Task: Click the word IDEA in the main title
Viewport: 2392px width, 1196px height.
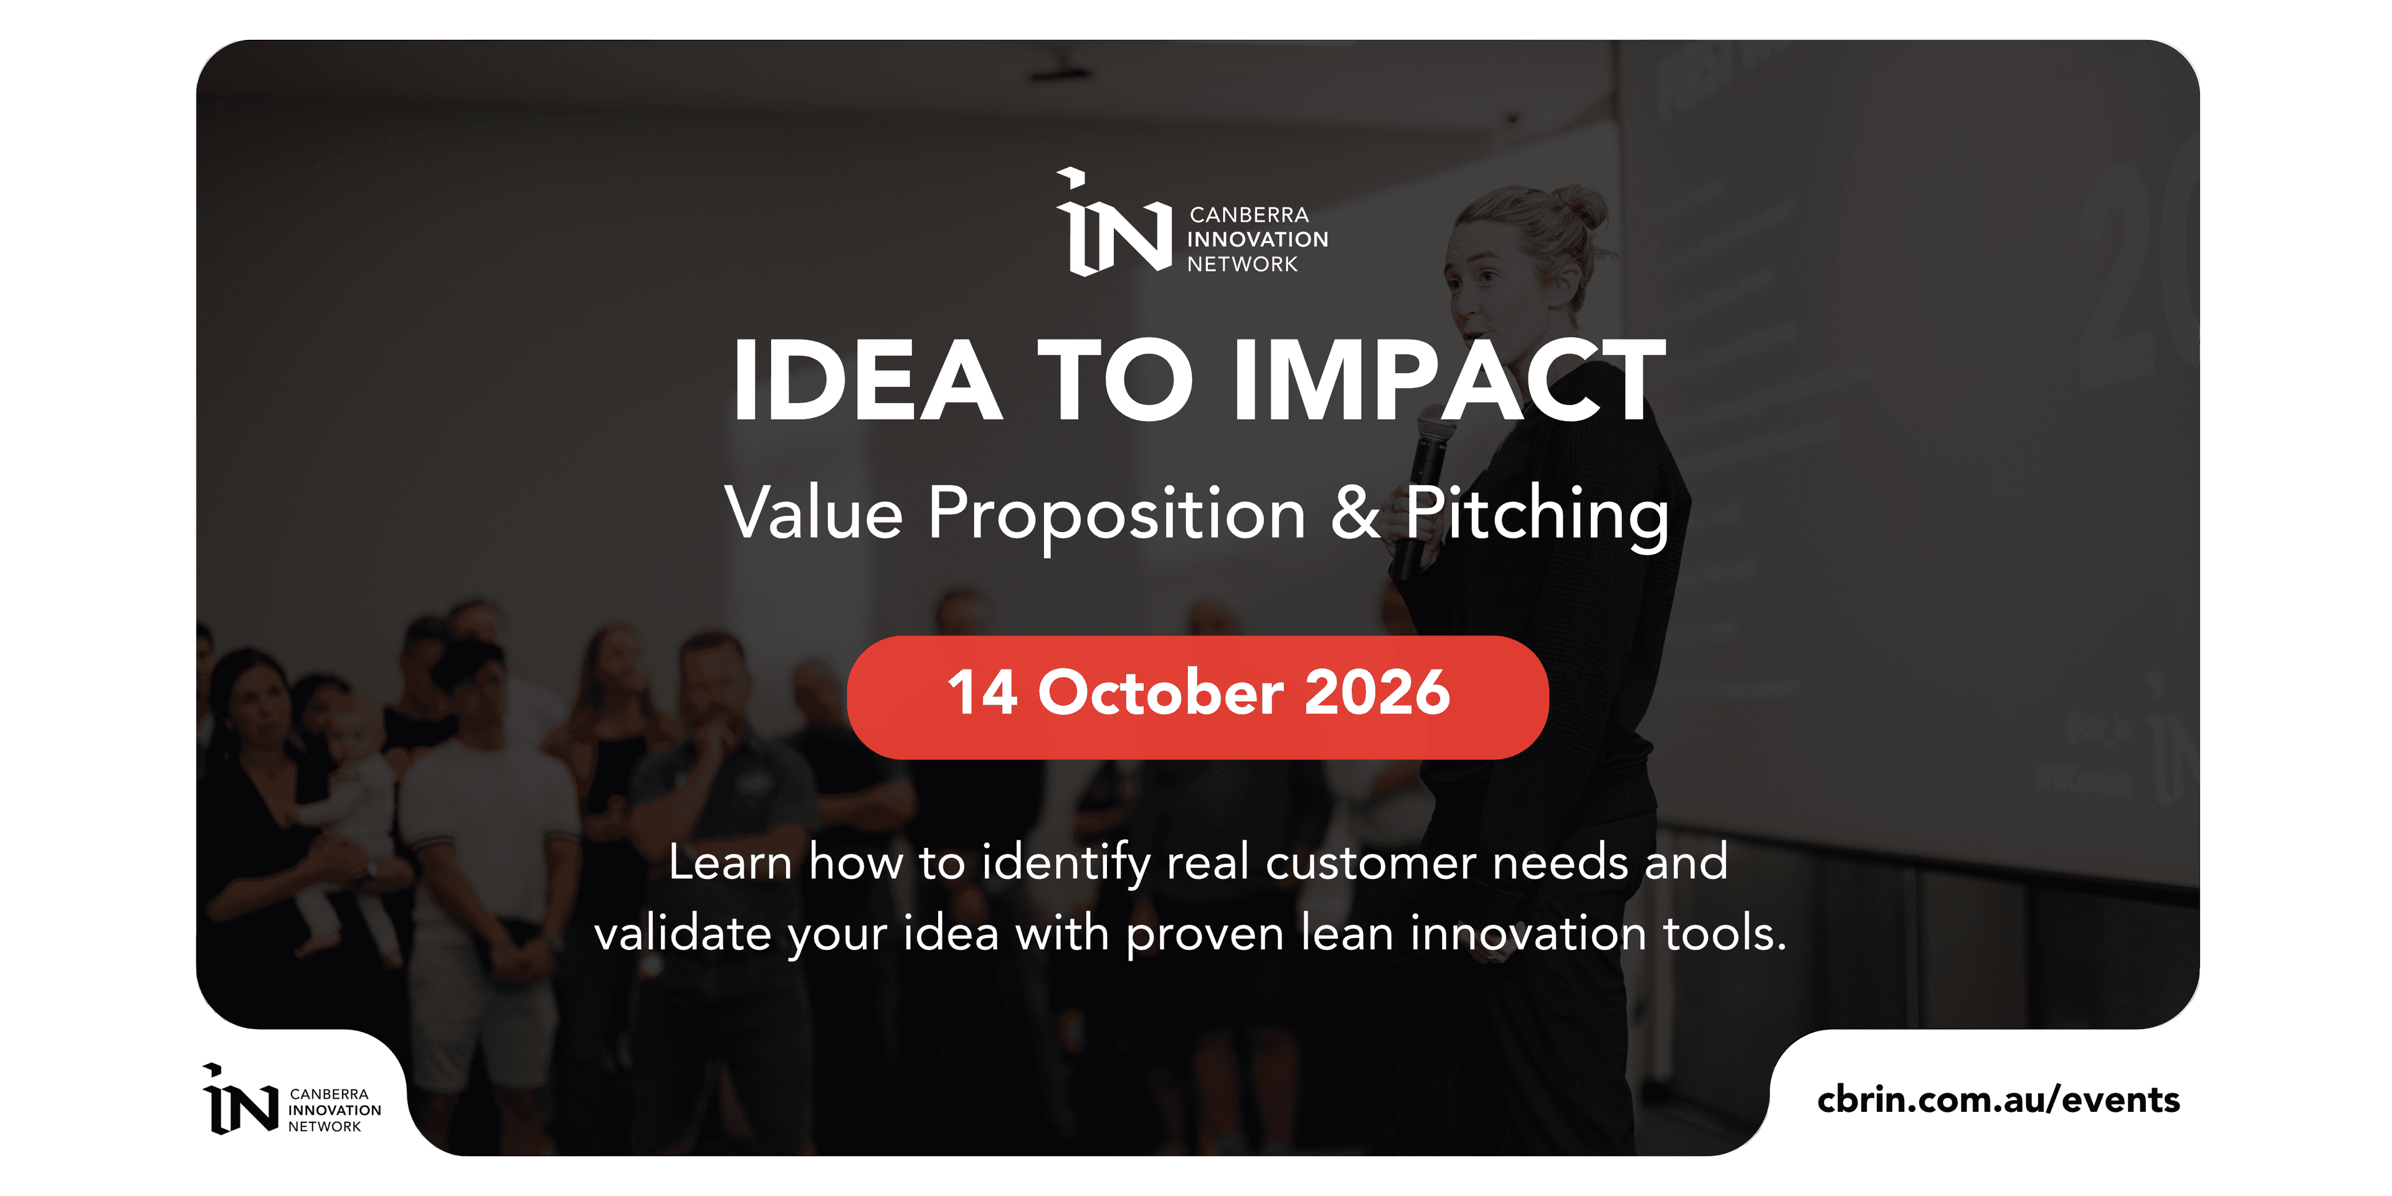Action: click(867, 380)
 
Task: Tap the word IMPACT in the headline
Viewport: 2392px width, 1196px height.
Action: click(1448, 380)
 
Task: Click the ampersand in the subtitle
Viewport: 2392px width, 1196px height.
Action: click(1355, 513)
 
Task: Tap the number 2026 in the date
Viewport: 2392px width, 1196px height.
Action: click(1377, 693)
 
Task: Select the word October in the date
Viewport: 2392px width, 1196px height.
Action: click(1160, 693)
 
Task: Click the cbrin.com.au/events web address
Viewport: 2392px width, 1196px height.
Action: click(1998, 1099)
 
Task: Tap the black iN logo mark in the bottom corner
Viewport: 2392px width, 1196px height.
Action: click(240, 1099)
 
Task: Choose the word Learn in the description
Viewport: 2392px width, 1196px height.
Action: click(730, 863)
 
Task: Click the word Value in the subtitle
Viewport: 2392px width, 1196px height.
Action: click(814, 513)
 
